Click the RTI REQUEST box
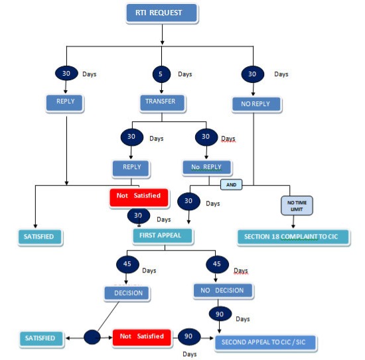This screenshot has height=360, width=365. pyautogui.click(x=162, y=13)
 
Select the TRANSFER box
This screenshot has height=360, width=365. pyautogui.click(x=162, y=103)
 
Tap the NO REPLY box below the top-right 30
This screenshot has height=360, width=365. pyautogui.click(x=256, y=104)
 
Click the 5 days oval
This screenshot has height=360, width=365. pyautogui.click(x=161, y=74)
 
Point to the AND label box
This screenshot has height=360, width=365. pyautogui.click(x=231, y=185)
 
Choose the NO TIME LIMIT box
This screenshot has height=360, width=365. pyautogui.click(x=297, y=206)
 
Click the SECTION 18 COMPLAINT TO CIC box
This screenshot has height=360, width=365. pyautogui.click(x=293, y=237)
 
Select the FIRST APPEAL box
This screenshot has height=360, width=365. pyautogui.click(x=163, y=236)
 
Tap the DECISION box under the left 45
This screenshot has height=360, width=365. pyautogui.click(x=127, y=293)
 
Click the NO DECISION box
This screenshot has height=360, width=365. pyautogui.click(x=223, y=290)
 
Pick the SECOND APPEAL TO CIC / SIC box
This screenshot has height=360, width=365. pyautogui.click(x=265, y=342)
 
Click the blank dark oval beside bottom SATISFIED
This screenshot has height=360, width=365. pyautogui.click(x=92, y=337)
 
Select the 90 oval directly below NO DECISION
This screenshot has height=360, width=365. pyautogui.click(x=220, y=314)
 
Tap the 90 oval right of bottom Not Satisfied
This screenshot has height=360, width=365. pyautogui.click(x=188, y=337)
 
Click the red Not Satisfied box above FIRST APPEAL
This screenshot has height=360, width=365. pyautogui.click(x=139, y=198)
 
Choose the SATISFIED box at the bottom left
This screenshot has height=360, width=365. pyautogui.click(x=41, y=338)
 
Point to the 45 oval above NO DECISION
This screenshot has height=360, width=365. pyautogui.click(x=217, y=264)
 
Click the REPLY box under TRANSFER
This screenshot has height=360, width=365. pyautogui.click(x=131, y=168)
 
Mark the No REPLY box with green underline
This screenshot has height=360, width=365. pyautogui.click(x=206, y=167)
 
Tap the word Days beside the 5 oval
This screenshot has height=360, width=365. pyautogui.click(x=185, y=74)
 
